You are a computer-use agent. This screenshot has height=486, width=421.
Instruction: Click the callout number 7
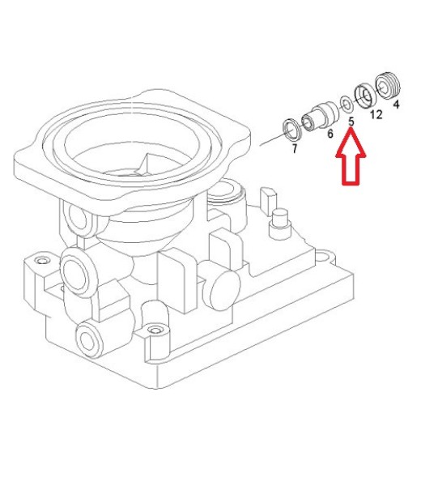[x=295, y=148]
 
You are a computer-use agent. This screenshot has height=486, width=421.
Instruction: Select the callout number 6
[x=330, y=134]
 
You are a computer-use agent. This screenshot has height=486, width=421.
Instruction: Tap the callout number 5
[x=351, y=122]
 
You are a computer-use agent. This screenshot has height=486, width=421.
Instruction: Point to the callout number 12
[x=376, y=115]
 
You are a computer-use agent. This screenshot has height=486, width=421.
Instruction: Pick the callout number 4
[x=396, y=104]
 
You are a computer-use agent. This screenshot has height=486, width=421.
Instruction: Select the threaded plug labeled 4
[x=388, y=86]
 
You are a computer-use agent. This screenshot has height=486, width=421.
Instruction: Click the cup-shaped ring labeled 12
[x=366, y=96]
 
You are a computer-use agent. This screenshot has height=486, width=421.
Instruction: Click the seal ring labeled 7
[x=291, y=128]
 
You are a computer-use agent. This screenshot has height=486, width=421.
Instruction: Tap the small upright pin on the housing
[x=279, y=224]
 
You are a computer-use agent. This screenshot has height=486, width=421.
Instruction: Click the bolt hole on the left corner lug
[x=42, y=260]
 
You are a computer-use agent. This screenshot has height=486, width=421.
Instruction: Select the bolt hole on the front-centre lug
[x=155, y=330]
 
